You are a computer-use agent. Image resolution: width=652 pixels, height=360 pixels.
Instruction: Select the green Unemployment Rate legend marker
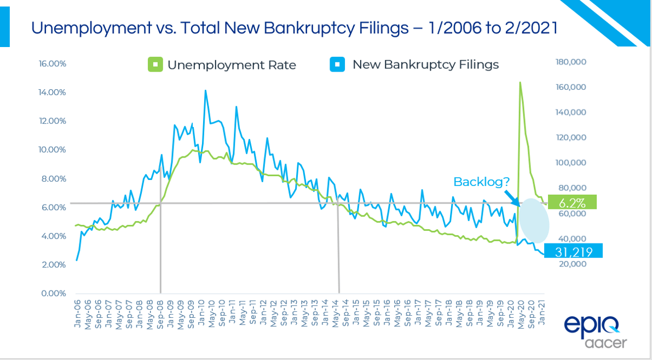[x=155, y=65]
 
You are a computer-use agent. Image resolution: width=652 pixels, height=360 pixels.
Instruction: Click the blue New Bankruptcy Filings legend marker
[x=338, y=65]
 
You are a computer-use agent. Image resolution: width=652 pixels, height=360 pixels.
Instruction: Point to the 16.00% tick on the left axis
[x=53, y=63]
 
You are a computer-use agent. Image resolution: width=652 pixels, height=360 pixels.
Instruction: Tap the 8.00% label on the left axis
[x=54, y=178]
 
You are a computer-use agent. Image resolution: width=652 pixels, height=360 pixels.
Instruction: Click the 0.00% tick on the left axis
[x=54, y=293]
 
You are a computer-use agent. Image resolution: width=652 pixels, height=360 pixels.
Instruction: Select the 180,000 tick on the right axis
[x=570, y=62]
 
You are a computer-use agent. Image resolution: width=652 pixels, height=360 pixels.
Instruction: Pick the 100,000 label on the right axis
[x=570, y=163]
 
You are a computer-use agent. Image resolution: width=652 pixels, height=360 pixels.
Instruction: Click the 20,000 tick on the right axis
[x=570, y=264]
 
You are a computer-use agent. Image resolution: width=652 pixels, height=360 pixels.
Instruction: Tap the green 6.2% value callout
[x=572, y=202]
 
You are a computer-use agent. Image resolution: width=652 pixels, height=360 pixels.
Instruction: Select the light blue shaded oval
[x=534, y=220]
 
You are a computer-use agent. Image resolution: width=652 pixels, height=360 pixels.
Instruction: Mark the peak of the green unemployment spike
[x=520, y=83]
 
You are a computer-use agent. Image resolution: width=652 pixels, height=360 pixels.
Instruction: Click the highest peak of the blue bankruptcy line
[x=205, y=90]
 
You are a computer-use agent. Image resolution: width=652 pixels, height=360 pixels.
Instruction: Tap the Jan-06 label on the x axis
[x=77, y=311]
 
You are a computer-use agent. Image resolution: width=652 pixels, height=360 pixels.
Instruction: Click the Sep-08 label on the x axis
[x=160, y=311]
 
